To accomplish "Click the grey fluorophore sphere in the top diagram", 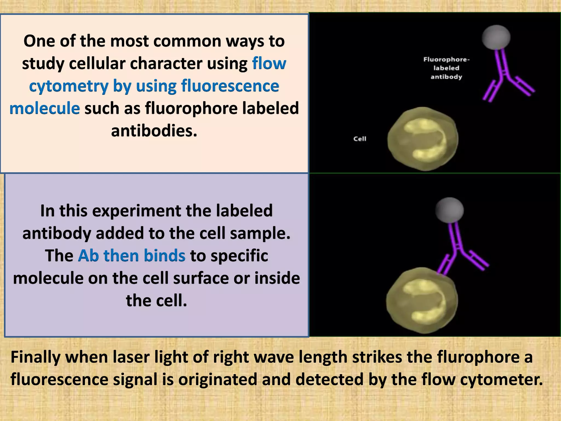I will click(x=496, y=37).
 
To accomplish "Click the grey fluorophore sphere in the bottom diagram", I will click(x=450, y=210).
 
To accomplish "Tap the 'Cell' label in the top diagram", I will click(x=360, y=139).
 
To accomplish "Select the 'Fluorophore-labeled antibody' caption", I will click(x=446, y=68).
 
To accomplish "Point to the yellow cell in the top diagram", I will click(x=423, y=139).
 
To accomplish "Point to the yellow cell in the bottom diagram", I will click(x=422, y=300).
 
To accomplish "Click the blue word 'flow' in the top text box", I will click(x=269, y=63).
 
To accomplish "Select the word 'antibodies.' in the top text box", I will click(x=154, y=131).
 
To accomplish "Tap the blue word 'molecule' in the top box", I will click(x=45, y=108).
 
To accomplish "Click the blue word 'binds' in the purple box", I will click(x=165, y=256).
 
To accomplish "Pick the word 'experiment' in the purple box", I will click(x=137, y=211).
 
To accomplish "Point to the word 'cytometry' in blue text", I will click(x=68, y=86).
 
